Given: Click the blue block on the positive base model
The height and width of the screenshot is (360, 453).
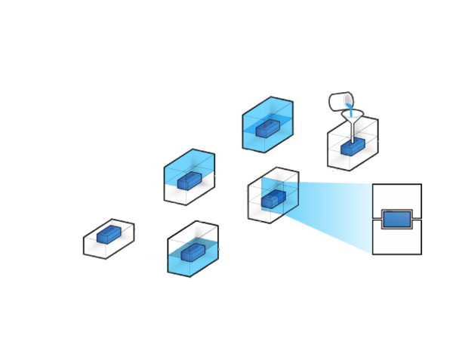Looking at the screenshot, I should click(x=109, y=235).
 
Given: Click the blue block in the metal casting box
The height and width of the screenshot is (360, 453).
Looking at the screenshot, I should click(x=353, y=147).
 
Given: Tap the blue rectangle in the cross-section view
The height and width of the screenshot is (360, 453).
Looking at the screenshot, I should click(x=396, y=220).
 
